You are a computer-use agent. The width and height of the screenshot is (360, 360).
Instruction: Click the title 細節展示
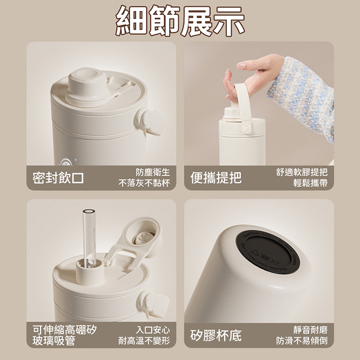(x=180, y=21)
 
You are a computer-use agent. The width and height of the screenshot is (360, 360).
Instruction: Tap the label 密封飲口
(x=58, y=178)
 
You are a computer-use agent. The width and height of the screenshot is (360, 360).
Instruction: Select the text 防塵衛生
(x=153, y=172)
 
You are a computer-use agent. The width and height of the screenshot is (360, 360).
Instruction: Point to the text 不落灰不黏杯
(x=144, y=183)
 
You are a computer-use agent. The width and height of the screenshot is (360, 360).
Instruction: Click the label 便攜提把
(x=216, y=178)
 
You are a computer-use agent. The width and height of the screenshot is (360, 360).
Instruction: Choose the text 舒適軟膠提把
(x=302, y=172)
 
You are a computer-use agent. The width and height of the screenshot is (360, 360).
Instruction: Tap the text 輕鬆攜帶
(x=311, y=183)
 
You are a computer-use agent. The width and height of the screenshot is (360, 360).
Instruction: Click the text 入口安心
(x=153, y=330)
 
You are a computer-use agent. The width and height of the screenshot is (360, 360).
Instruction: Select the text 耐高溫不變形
(x=144, y=340)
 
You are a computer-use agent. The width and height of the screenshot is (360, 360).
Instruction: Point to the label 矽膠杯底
(x=216, y=336)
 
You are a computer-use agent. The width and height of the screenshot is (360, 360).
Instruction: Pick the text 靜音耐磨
(x=311, y=330)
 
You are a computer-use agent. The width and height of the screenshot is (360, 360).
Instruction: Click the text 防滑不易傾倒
(x=302, y=340)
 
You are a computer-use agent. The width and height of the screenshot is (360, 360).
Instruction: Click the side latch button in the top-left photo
(x=150, y=122)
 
